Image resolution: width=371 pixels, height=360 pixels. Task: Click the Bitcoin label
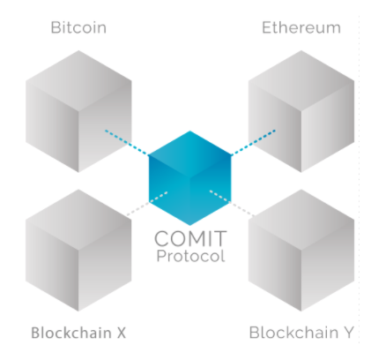click(x=78, y=27)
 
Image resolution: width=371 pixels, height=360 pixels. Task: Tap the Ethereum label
click(x=301, y=27)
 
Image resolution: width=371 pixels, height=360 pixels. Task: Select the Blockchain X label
click(x=78, y=333)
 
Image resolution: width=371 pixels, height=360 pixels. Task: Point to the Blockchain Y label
click(x=301, y=333)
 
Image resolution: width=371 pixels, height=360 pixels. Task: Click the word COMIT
click(x=190, y=238)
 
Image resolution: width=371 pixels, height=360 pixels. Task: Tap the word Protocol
click(x=190, y=256)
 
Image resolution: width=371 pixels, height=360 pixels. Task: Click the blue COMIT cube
click(x=189, y=178)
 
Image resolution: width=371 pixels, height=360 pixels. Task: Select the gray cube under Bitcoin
click(x=78, y=111)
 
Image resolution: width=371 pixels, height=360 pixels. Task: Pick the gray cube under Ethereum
click(x=301, y=111)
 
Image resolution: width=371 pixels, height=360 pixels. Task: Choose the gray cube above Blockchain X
click(x=78, y=251)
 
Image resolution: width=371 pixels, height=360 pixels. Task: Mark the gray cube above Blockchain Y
click(x=301, y=251)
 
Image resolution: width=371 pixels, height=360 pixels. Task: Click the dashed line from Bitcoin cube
click(x=127, y=142)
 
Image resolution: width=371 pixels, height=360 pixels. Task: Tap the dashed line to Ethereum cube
click(x=253, y=142)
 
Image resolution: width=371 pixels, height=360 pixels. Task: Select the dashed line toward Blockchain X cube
click(x=147, y=204)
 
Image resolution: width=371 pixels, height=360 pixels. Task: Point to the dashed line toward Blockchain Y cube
click(x=232, y=204)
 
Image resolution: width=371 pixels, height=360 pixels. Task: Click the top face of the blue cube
click(x=189, y=154)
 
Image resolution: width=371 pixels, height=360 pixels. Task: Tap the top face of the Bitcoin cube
click(x=78, y=80)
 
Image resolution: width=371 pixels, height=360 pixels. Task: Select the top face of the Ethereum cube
click(x=301, y=80)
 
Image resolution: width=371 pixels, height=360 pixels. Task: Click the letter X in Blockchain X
click(x=122, y=333)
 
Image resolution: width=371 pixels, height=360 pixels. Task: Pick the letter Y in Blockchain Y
click(x=348, y=333)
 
